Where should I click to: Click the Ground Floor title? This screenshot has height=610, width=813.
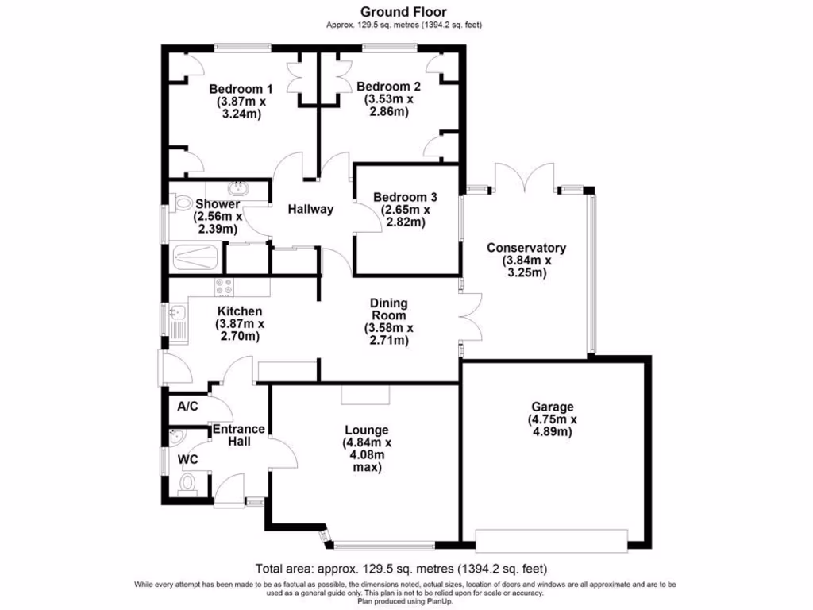pos(403,12)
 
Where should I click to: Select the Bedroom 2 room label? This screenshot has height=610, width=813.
pos(388,87)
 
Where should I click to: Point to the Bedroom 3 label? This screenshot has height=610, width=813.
pos(405,197)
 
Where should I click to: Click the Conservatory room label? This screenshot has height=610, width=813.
pos(526,247)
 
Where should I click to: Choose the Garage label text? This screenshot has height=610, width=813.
pos(553,407)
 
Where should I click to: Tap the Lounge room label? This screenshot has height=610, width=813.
pos(366,430)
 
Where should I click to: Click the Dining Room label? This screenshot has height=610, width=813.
pos(388,309)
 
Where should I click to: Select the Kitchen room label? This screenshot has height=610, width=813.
pos(239,311)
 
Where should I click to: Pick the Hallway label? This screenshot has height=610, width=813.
pos(310,210)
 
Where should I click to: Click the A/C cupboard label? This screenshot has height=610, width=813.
pos(188,406)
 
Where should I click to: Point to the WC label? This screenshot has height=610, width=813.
pos(187,459)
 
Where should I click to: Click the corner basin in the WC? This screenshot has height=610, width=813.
pos(175,437)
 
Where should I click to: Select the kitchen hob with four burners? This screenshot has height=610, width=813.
pos(223,287)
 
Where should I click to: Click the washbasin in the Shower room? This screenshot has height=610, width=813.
pos(237,189)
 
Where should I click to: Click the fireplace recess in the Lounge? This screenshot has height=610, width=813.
pos(366,394)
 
